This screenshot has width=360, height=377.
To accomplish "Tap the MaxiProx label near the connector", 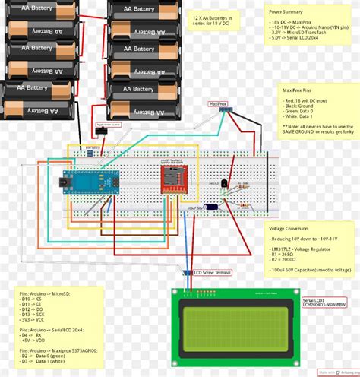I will [218, 103].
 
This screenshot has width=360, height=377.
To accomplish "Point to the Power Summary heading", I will [287, 12].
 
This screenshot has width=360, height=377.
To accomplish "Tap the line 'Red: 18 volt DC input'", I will [302, 100].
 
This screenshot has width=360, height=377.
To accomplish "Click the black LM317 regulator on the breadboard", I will [224, 185].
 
